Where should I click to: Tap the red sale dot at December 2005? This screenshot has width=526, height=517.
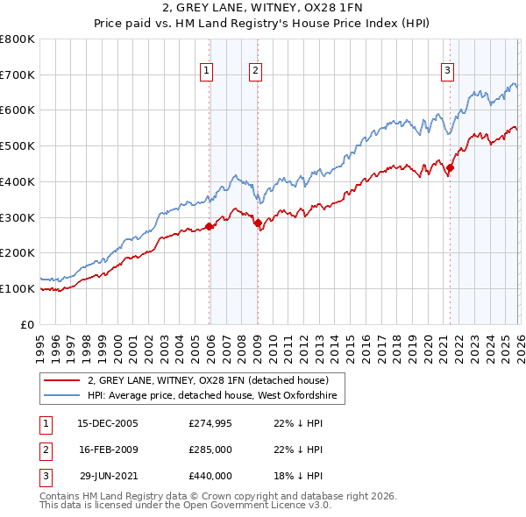pos(210,226)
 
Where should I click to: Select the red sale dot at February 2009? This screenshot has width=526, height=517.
pos(258,223)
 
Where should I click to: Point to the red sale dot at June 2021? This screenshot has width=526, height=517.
pos(450,167)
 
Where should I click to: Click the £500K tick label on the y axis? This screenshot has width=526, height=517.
pos(18,146)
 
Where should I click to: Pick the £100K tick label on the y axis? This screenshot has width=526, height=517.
pos(18,288)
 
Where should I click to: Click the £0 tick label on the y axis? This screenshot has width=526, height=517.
pos(26,324)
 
